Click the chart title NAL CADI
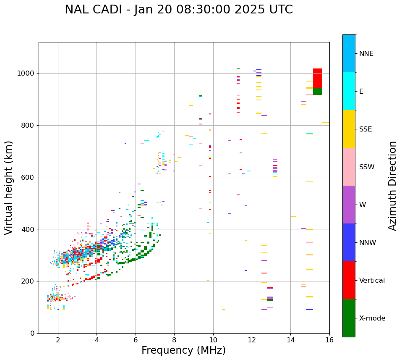click(179, 10)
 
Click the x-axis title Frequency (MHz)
click(183, 350)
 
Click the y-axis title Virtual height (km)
click(9, 188)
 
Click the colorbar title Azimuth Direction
click(392, 186)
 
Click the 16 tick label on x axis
click(329, 340)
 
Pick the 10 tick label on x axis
click(213, 340)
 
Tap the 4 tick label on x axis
click(97, 340)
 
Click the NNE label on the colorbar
click(366, 54)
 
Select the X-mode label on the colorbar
click(372, 318)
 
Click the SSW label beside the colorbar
click(367, 167)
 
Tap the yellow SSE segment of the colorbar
click(349, 129)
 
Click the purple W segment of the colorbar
click(349, 205)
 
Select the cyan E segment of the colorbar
click(349, 91)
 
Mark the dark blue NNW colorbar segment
click(349, 242)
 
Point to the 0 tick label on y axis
click(32, 333)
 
